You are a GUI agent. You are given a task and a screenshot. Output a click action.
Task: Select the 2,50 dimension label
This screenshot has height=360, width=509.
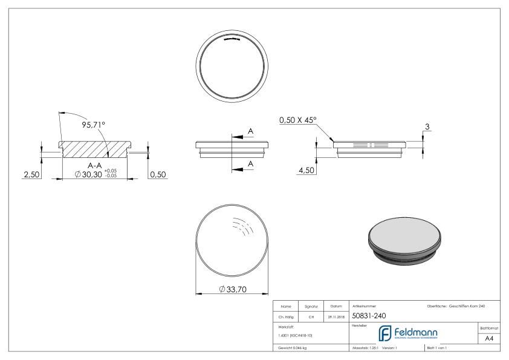tap(31, 174)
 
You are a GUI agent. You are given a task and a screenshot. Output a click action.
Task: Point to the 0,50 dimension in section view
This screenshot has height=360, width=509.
tap(158, 174)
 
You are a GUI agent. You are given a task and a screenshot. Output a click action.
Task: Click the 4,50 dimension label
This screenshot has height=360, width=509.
tap(306, 172)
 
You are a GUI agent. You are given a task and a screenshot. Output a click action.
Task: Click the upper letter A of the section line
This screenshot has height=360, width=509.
tap(251, 131)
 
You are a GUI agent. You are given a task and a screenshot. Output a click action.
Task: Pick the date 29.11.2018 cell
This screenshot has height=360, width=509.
tap(336, 316)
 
